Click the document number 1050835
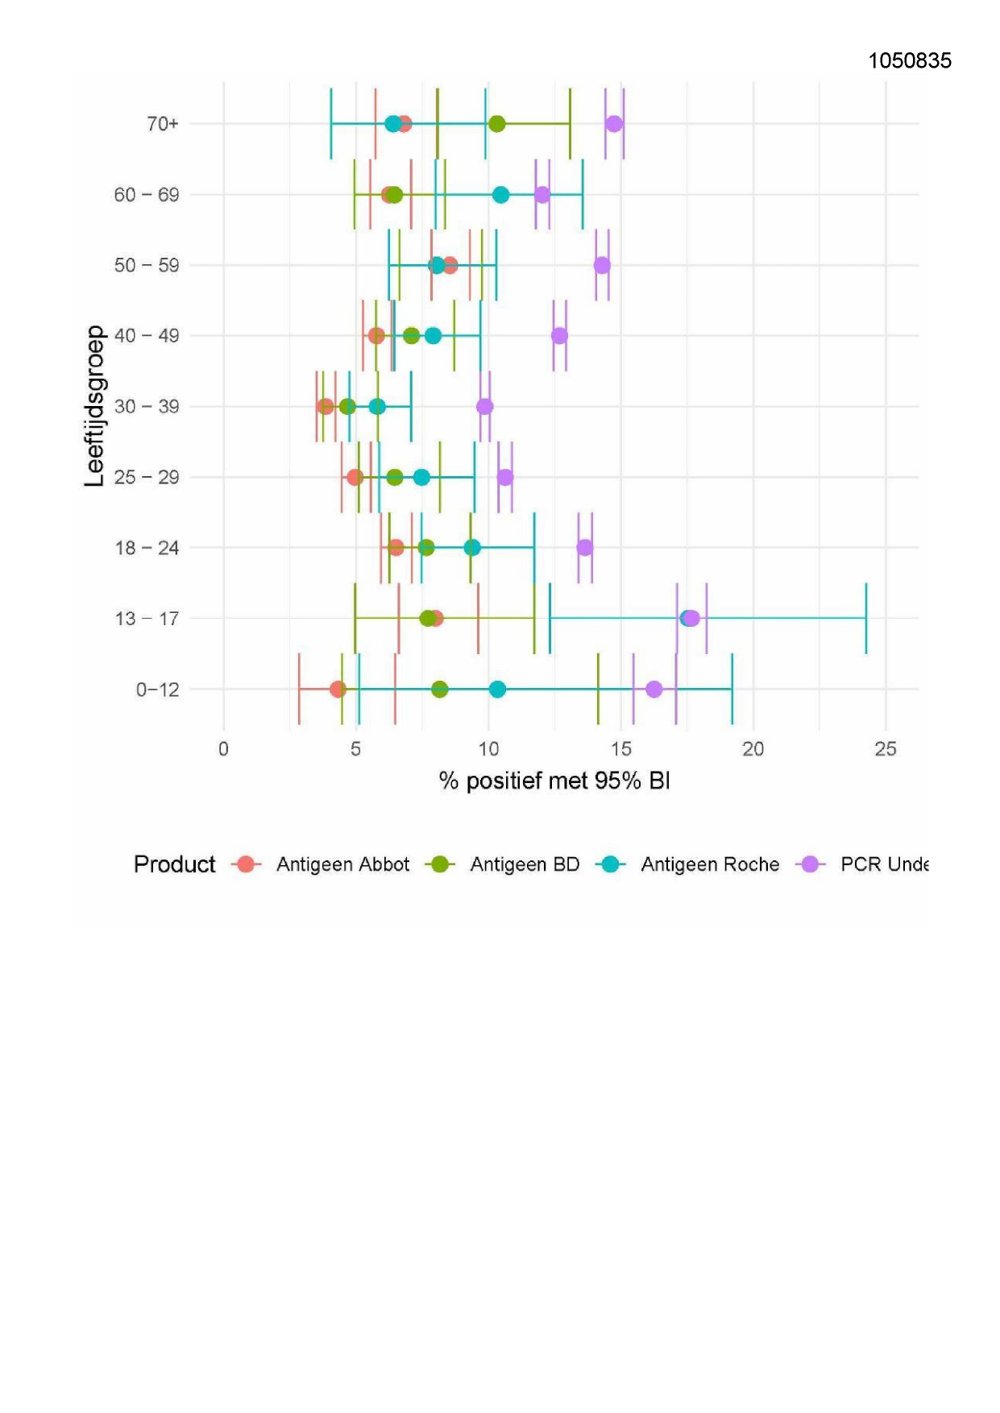(x=909, y=60)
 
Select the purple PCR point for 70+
(x=614, y=124)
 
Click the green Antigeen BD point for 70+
(x=497, y=124)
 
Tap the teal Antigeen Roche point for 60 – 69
(x=500, y=195)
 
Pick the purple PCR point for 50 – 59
(x=602, y=265)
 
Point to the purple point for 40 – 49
(x=559, y=336)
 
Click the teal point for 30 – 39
(x=377, y=407)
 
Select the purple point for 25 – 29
(x=505, y=478)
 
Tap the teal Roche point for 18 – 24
(x=472, y=548)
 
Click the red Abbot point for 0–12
(x=338, y=690)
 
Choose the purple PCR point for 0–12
(x=654, y=690)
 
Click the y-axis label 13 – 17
(x=147, y=619)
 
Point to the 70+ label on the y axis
(x=162, y=124)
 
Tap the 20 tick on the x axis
(x=753, y=749)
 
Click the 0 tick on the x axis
(x=223, y=749)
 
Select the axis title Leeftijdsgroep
(x=95, y=406)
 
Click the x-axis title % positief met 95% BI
(x=554, y=781)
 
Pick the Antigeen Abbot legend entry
(x=342, y=864)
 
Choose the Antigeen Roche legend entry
(x=710, y=864)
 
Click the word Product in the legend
(x=175, y=864)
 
